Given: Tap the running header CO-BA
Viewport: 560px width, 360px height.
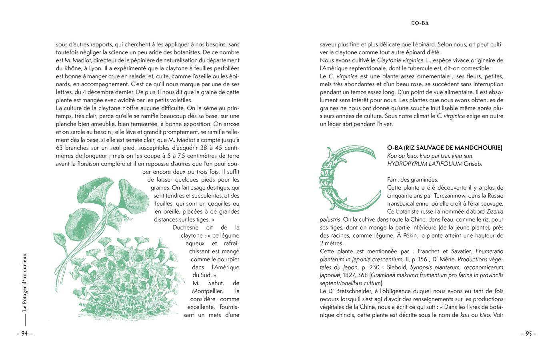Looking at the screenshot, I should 420,23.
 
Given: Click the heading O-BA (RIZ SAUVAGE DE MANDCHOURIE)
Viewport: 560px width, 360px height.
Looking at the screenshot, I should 444,148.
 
